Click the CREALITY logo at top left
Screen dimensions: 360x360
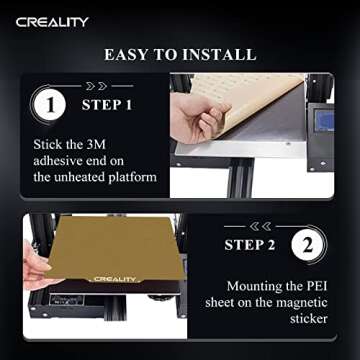point(51,21)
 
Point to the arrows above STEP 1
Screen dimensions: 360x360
point(105,86)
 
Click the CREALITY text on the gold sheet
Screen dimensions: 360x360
point(118,280)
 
